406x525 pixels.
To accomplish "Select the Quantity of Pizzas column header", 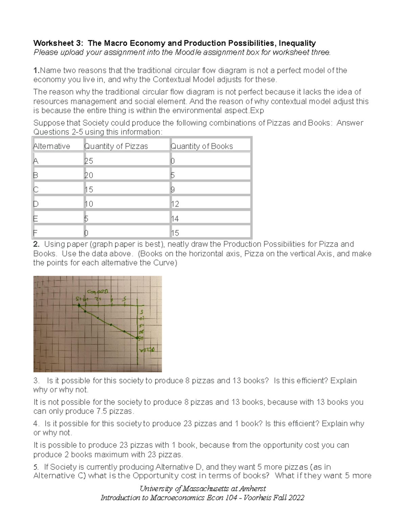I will [116, 146].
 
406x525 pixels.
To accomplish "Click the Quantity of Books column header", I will [202, 146].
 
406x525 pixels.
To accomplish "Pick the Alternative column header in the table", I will [52, 146].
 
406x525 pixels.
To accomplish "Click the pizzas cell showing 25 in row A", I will [89, 161].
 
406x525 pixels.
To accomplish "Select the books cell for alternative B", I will [173, 175].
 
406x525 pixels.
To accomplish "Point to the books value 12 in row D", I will [175, 204].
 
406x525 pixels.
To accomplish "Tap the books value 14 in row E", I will [175, 219].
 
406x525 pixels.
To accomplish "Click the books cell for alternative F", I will [175, 233].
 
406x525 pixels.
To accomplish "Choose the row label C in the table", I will [36, 190].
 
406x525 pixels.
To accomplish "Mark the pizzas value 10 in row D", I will [89, 204].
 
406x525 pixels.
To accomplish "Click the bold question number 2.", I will [36, 244].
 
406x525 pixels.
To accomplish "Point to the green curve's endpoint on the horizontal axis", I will [79, 305].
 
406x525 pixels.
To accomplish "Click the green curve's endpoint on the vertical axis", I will [137, 337].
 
